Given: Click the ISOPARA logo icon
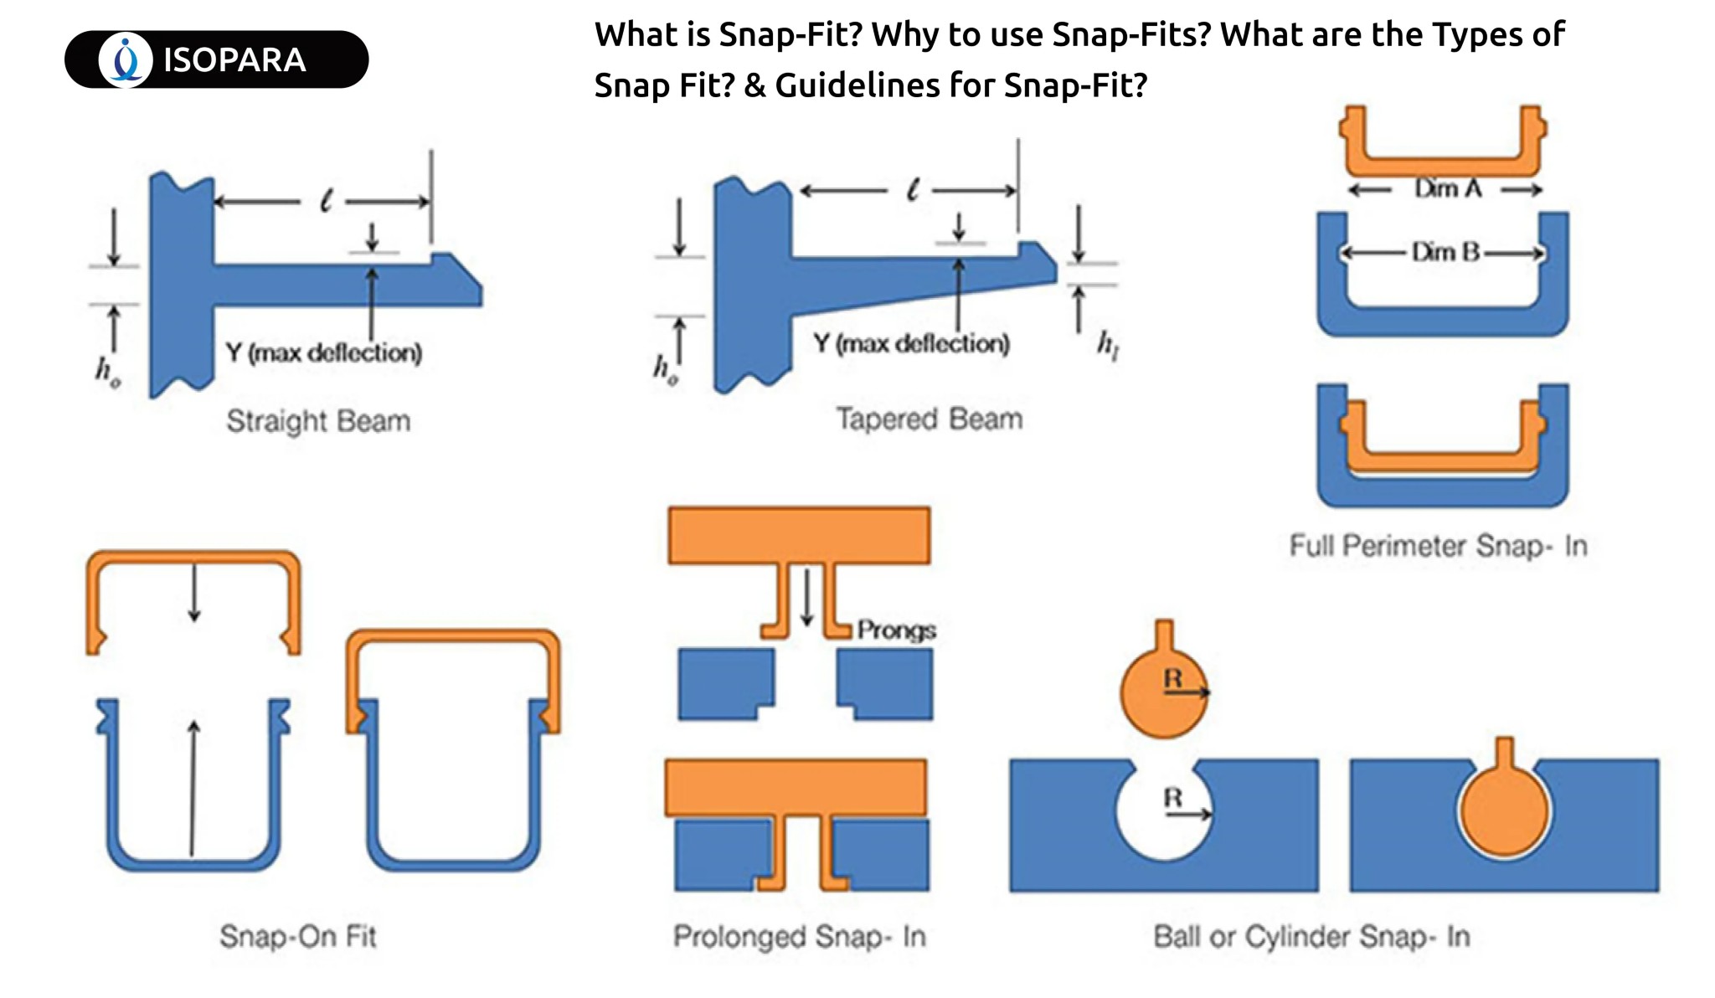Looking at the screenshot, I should click(126, 60).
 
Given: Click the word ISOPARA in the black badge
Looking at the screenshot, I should click(234, 60).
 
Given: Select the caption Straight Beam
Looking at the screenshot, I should click(318, 420).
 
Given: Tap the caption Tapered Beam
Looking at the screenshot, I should click(930, 419).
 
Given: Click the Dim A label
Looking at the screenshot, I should click(1448, 189).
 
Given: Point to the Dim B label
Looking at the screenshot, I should click(1445, 252).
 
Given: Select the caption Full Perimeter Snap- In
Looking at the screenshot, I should click(1438, 546).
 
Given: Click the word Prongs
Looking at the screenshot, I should click(896, 630).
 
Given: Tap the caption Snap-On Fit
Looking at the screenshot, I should click(298, 936).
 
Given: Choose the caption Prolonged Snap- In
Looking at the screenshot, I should click(800, 936).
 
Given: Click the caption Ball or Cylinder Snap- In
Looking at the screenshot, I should click(1311, 936).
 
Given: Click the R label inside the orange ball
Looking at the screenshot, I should click(1173, 678).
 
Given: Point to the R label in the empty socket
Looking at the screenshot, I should click(1173, 798).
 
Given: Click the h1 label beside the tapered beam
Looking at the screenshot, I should click(1108, 344).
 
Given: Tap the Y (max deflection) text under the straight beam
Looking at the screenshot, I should click(323, 352).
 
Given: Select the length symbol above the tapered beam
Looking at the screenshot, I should click(912, 190).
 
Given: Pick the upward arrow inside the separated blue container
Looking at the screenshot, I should click(193, 787).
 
